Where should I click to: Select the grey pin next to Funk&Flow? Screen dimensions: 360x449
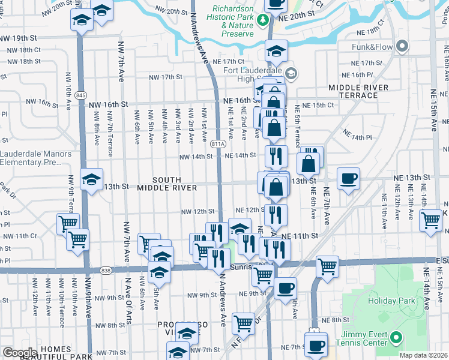tap(402, 46)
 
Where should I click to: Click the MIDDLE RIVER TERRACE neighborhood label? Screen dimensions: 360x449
tap(358, 92)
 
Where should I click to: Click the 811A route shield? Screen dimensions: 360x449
tap(218, 144)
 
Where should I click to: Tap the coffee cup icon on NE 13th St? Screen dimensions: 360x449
tap(348, 178)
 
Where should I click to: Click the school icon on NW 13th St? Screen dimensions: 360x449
tap(92, 179)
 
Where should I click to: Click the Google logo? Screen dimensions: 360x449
tap(20, 353)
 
